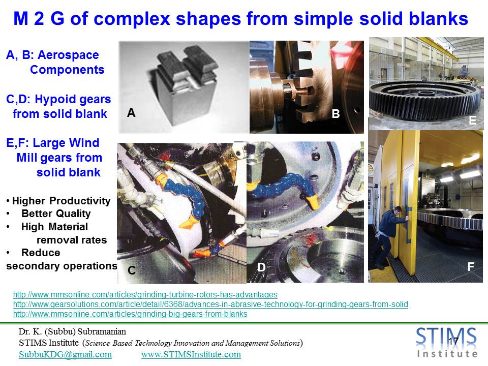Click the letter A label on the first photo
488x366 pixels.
point(131,113)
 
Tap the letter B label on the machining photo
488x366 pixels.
point(335,114)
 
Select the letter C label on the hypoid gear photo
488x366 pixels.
point(132,270)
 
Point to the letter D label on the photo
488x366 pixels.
point(261,267)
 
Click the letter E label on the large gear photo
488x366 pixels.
point(472,120)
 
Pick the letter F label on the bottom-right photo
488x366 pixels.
point(471,266)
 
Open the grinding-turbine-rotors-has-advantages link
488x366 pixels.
point(145,294)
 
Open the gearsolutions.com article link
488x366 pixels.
point(210,304)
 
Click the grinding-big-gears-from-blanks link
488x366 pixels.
point(130,314)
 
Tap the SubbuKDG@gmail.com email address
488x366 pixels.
point(65,354)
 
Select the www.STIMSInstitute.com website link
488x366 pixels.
point(191,354)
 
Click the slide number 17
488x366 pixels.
point(453,341)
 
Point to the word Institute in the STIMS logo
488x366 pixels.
point(447,354)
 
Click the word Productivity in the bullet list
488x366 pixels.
point(80,201)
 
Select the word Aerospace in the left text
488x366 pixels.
point(68,55)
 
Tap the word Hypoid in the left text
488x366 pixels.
point(51,99)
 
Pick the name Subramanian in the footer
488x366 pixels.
point(102,331)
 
